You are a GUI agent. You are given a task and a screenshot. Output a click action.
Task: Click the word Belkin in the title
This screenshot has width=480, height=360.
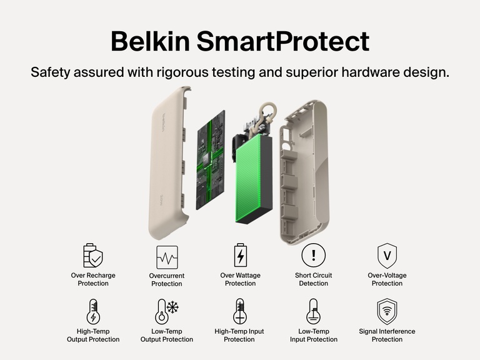tap(150, 41)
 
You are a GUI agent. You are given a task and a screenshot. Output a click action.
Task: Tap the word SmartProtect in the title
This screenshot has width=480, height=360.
tap(282, 41)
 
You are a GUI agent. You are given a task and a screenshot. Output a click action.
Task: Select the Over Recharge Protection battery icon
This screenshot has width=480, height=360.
tap(93, 256)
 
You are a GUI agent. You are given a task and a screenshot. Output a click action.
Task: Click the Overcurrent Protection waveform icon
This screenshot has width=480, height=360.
tap(167, 257)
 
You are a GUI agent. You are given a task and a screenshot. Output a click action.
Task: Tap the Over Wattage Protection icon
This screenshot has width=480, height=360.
tap(240, 256)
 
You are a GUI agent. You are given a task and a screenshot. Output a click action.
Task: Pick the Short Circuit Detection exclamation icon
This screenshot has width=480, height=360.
tap(313, 256)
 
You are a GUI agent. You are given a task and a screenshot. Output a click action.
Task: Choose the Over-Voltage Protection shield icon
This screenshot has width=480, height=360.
tap(387, 256)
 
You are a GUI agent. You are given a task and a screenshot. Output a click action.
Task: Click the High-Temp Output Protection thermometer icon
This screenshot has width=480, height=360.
tap(93, 311)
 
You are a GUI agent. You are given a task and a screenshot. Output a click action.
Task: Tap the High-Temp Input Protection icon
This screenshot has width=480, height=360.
tap(240, 311)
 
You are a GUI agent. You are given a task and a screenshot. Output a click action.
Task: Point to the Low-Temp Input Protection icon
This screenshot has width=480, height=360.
tap(313, 311)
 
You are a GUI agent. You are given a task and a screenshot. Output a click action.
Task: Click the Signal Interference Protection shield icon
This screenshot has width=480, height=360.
tap(387, 311)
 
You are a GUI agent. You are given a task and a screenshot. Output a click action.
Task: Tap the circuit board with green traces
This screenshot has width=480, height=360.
tap(210, 160)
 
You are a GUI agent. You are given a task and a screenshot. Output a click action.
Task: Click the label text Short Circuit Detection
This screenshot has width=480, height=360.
tap(313, 279)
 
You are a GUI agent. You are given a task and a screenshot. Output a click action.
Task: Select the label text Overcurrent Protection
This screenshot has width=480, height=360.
tap(167, 279)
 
